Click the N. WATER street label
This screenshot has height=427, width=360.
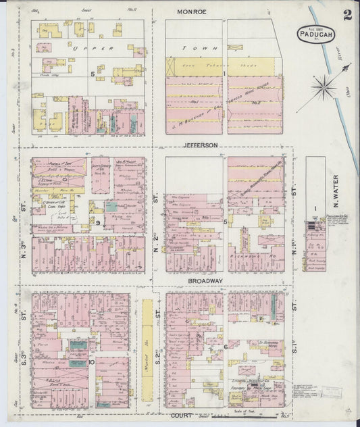coord(334,191)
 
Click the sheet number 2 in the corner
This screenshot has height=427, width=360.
coord(346,16)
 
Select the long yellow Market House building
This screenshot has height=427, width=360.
coord(146,352)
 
